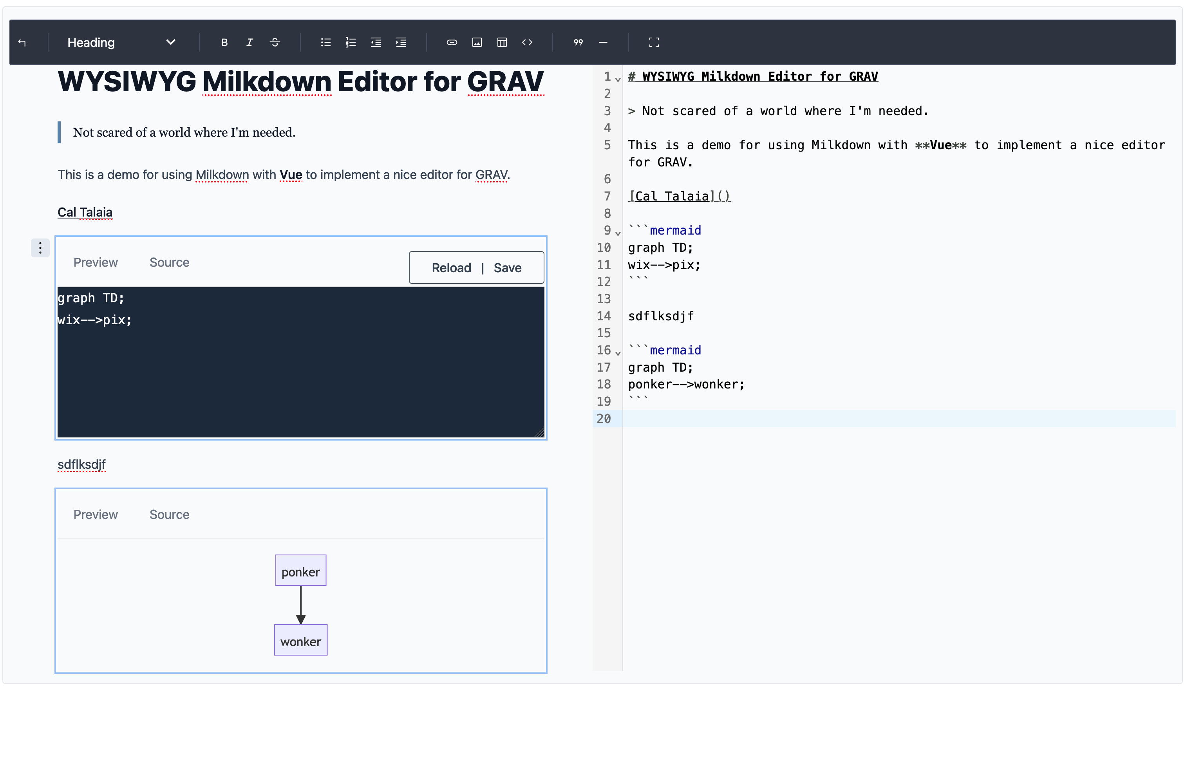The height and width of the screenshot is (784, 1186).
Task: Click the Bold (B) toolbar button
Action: [224, 43]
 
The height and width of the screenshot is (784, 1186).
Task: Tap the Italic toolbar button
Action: [249, 43]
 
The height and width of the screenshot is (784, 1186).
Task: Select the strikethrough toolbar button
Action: [275, 43]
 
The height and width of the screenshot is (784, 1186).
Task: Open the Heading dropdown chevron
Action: [170, 43]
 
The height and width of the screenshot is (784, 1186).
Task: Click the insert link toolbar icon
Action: [452, 43]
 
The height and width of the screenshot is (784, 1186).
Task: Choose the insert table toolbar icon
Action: [502, 43]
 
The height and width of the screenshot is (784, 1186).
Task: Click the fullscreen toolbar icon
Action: [654, 43]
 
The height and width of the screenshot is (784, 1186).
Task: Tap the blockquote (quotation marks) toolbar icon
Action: [578, 43]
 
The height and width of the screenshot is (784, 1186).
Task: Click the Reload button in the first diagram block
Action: [452, 268]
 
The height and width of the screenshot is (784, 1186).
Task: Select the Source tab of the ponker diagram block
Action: [170, 515]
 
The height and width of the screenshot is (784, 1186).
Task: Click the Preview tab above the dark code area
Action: [96, 262]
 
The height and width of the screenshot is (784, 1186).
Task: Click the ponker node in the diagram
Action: [300, 571]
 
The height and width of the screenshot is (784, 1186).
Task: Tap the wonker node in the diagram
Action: [300, 640]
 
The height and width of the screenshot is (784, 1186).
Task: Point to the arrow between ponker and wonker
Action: [300, 605]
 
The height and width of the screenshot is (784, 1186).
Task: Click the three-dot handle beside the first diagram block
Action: [40, 247]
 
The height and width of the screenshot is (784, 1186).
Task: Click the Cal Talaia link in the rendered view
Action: [85, 213]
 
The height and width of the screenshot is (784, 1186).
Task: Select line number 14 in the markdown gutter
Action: [604, 316]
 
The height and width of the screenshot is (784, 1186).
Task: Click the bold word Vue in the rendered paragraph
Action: [291, 175]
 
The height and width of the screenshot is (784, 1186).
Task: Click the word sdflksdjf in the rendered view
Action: [81, 464]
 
